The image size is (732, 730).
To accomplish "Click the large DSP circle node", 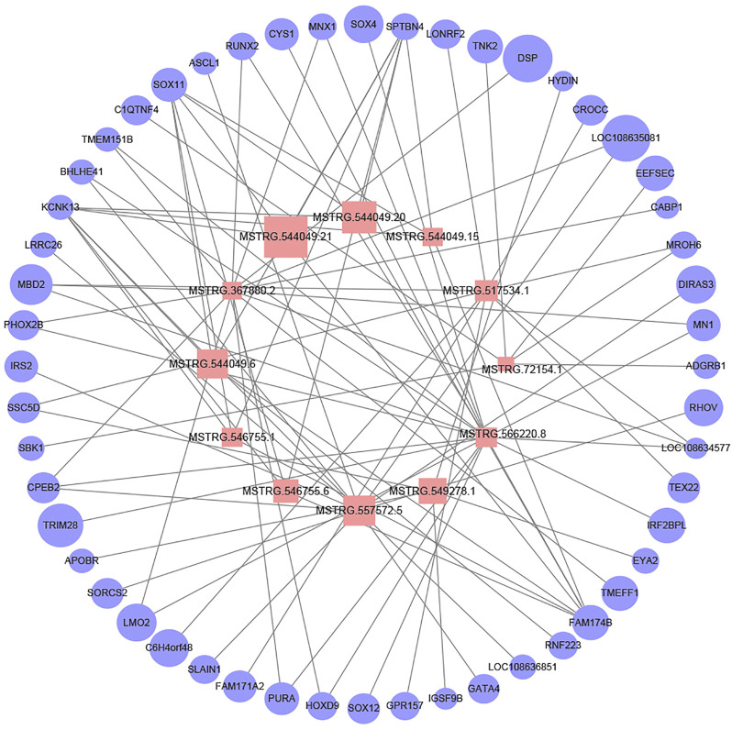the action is point(527,59).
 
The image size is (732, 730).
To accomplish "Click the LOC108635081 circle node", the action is point(627,138).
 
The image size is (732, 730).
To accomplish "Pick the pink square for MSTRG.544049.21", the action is point(285,237).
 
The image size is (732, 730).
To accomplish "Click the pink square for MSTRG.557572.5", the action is point(359,510).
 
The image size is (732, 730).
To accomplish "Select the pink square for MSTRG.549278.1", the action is point(431,491).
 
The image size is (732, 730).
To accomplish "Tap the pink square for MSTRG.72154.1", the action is point(505,364).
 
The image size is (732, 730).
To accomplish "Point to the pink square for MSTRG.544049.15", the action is point(433,237).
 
